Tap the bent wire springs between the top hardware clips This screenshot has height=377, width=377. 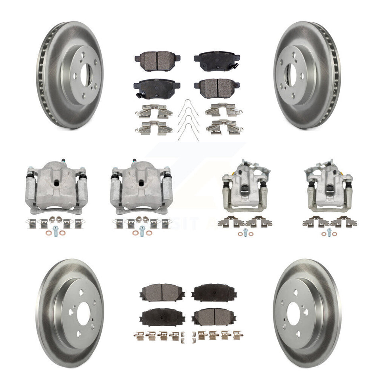point(188,119)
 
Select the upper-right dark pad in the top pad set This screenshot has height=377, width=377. point(217,60)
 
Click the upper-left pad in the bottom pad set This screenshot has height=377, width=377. point(157,292)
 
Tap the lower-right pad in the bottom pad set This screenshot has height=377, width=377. point(215,316)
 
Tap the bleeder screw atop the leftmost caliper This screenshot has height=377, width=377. point(63,161)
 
